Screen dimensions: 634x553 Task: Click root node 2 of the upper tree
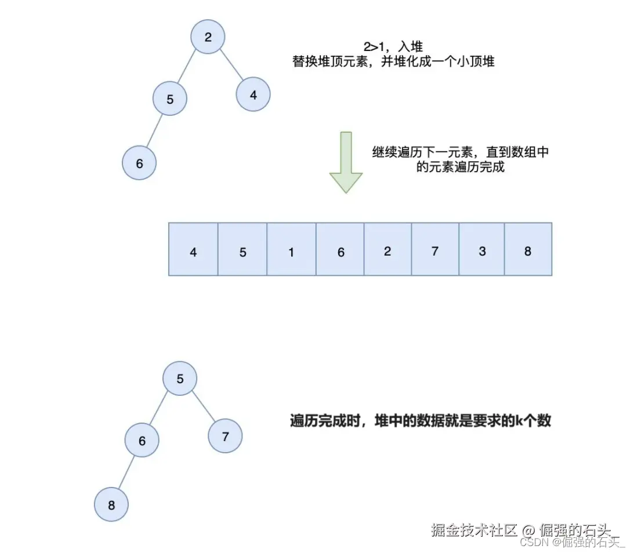(x=208, y=38)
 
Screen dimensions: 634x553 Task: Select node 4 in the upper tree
(x=253, y=94)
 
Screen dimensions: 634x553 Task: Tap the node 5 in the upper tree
(x=170, y=99)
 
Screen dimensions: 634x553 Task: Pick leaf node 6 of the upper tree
(x=139, y=163)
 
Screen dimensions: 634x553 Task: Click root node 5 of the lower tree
(x=180, y=379)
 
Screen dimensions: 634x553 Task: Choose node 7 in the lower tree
(x=225, y=436)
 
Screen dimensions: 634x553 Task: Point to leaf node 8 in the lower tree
(x=111, y=505)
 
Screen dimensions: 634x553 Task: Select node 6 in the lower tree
(x=142, y=441)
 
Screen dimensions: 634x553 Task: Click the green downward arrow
(x=346, y=162)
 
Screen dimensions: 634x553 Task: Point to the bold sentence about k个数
(x=420, y=421)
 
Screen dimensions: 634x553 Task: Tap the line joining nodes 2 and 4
(x=232, y=66)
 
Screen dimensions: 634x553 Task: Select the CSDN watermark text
(x=572, y=542)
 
